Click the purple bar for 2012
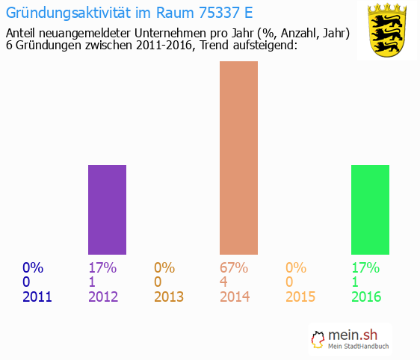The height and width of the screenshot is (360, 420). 107,210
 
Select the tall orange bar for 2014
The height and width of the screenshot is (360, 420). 238,158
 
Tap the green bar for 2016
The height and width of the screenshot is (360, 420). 370,210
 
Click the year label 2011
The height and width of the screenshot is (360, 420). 37,297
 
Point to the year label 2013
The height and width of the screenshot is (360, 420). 169,297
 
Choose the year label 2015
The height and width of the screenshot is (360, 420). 300,297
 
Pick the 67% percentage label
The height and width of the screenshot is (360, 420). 234,268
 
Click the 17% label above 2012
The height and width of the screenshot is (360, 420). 102,268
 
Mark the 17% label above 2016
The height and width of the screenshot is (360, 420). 365,268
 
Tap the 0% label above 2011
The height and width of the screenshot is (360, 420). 33,268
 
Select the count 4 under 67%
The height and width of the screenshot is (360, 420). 224,282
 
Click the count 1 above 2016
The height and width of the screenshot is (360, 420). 355,282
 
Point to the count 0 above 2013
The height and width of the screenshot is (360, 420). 158,282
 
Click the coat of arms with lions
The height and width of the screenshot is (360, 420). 386,31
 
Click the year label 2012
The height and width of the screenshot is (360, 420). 103,297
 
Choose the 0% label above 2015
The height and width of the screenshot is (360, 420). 296,268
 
